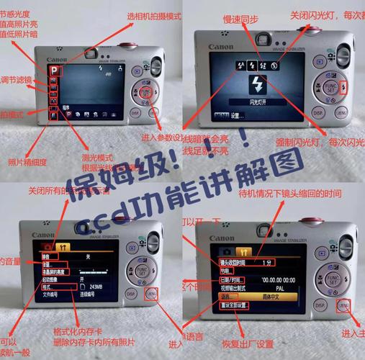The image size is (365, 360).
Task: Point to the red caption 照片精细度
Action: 27,162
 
